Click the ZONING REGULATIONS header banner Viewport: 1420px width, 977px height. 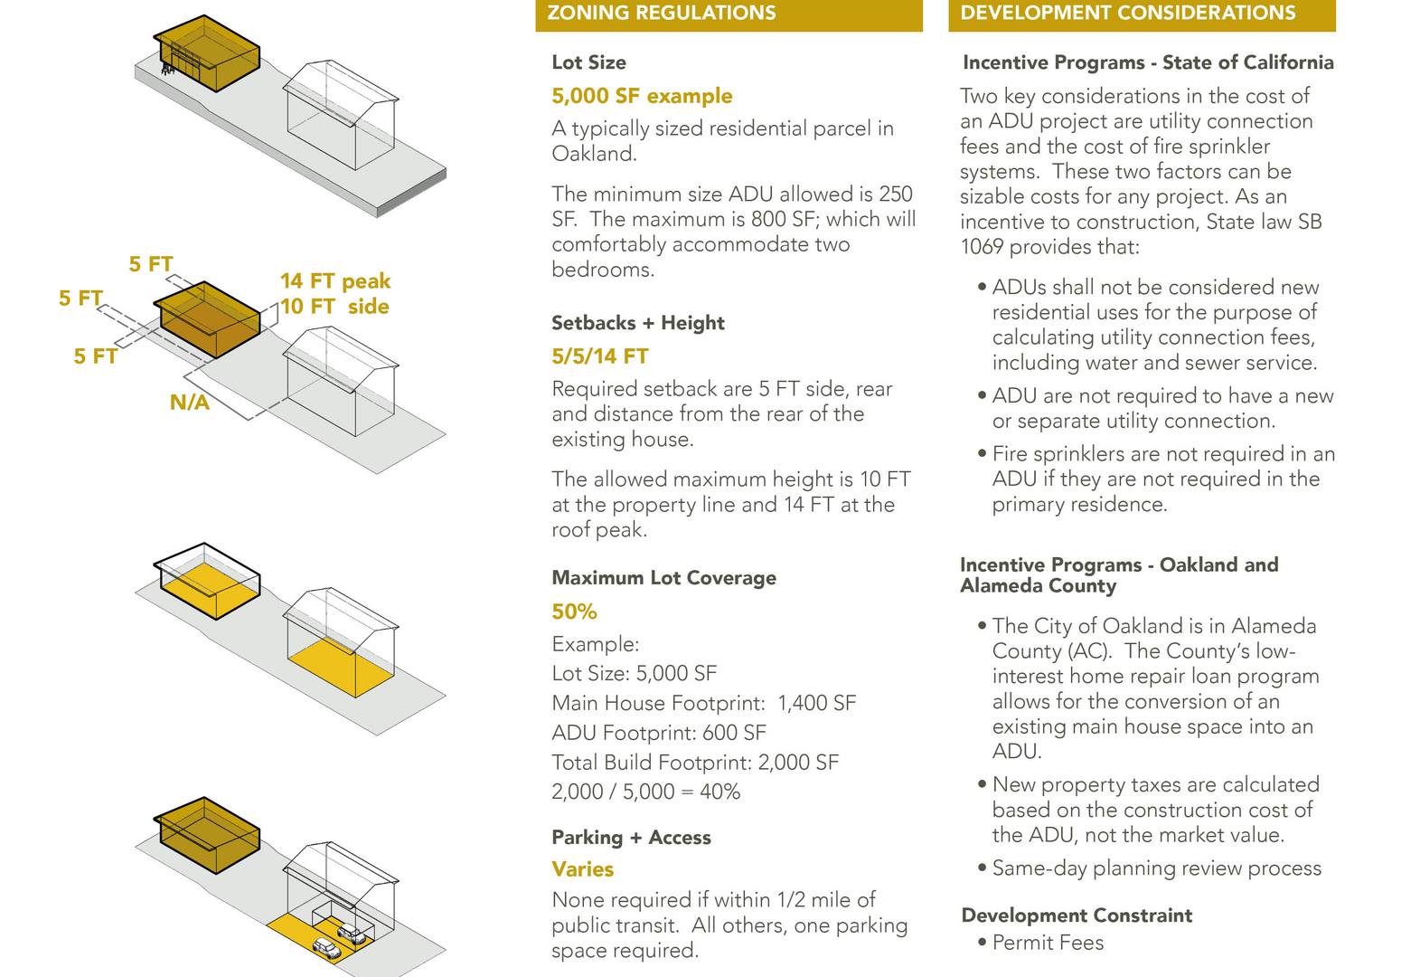click(x=728, y=14)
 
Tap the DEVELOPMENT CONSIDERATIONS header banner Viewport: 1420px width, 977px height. click(x=1141, y=14)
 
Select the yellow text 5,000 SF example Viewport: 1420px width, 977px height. click(x=642, y=96)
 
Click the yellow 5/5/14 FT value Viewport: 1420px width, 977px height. click(x=600, y=356)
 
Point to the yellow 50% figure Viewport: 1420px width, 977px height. click(x=574, y=612)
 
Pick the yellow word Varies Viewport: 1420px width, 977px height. click(x=583, y=869)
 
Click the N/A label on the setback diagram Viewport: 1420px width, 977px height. click(x=190, y=403)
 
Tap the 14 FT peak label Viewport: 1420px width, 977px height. click(x=335, y=281)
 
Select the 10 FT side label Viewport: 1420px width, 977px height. click(x=334, y=307)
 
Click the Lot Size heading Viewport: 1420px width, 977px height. click(x=588, y=62)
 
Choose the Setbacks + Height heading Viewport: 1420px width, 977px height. click(x=638, y=323)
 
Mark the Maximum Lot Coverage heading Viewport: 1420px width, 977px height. click(x=663, y=578)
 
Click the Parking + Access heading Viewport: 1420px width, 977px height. click(x=631, y=838)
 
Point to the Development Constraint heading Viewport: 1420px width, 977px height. click(x=1077, y=915)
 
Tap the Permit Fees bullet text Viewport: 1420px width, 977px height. click(x=1048, y=943)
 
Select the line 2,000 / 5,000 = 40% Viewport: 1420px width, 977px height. click(x=645, y=792)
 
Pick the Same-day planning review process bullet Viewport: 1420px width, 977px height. click(x=1156, y=868)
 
